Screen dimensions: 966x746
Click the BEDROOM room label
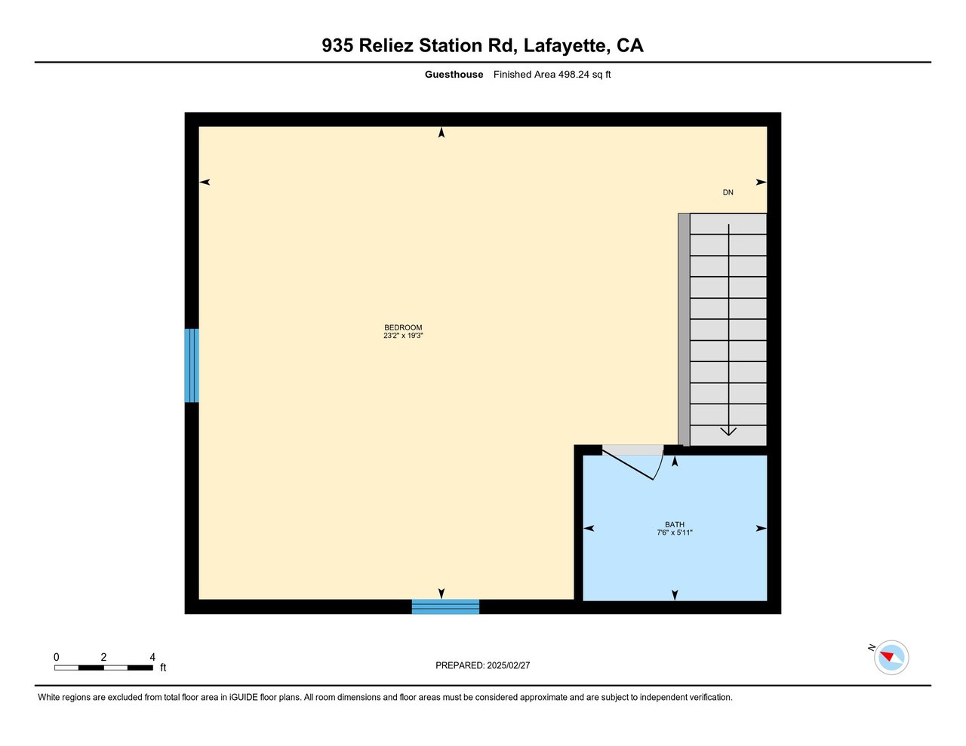(x=403, y=327)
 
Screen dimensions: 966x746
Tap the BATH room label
(x=675, y=524)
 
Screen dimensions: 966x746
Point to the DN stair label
(x=728, y=192)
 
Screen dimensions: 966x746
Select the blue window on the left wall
(x=192, y=365)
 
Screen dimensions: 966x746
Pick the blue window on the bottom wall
(x=445, y=606)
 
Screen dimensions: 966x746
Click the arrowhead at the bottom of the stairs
(x=728, y=431)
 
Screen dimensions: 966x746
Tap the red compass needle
(x=887, y=655)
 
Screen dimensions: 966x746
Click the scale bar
(x=103, y=668)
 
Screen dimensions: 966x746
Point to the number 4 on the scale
(x=152, y=657)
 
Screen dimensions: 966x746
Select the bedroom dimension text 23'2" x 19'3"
(x=403, y=336)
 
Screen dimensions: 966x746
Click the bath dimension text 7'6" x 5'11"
(x=675, y=533)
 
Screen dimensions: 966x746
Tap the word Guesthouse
(x=454, y=75)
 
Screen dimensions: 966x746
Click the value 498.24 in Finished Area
(x=574, y=75)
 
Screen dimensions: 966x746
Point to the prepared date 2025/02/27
(x=508, y=665)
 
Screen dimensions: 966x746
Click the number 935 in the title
(x=337, y=45)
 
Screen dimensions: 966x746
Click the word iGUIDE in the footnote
(x=243, y=698)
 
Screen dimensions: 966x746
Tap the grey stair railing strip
(x=684, y=329)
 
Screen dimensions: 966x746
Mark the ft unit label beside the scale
(x=163, y=668)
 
